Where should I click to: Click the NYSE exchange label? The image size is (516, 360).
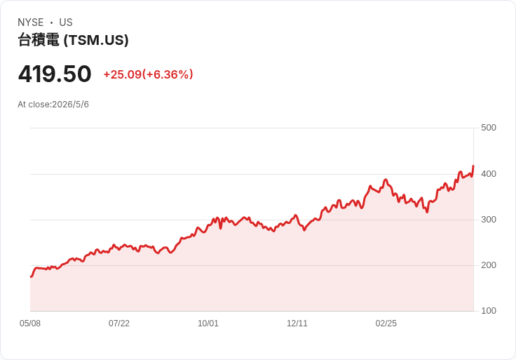tap(31, 22)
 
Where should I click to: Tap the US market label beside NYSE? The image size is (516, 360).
tap(66, 22)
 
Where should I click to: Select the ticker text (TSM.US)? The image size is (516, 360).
tap(96, 40)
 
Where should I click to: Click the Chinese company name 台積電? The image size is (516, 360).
tap(39, 40)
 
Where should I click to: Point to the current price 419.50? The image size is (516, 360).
tap(55, 74)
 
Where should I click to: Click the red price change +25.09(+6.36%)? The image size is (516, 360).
tap(148, 74)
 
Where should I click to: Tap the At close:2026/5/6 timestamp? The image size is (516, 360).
tap(53, 105)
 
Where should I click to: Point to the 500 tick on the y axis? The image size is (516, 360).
tap(489, 128)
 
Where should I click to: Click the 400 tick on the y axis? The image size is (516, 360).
tap(489, 174)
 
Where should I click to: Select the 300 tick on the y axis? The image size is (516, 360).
tap(489, 220)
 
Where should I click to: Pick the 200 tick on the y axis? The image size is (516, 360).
tap(489, 265)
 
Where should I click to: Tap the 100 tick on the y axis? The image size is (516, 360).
tap(489, 311)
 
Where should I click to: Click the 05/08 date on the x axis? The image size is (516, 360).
tap(30, 324)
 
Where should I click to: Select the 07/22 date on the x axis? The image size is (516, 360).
tap(119, 324)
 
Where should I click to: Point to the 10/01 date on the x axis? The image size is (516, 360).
tap(208, 324)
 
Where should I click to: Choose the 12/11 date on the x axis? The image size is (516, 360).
tap(297, 324)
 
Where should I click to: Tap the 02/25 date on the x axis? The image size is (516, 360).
tap(386, 324)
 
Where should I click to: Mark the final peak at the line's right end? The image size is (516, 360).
tap(473, 166)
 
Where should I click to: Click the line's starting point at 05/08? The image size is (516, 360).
tap(31, 276)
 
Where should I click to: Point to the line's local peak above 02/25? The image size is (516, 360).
tap(386, 180)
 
